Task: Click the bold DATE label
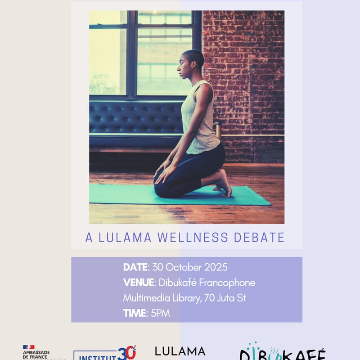[x=135, y=267]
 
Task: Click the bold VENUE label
[x=139, y=283]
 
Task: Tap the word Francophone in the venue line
[x=229, y=283]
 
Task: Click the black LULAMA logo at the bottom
[x=180, y=351]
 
